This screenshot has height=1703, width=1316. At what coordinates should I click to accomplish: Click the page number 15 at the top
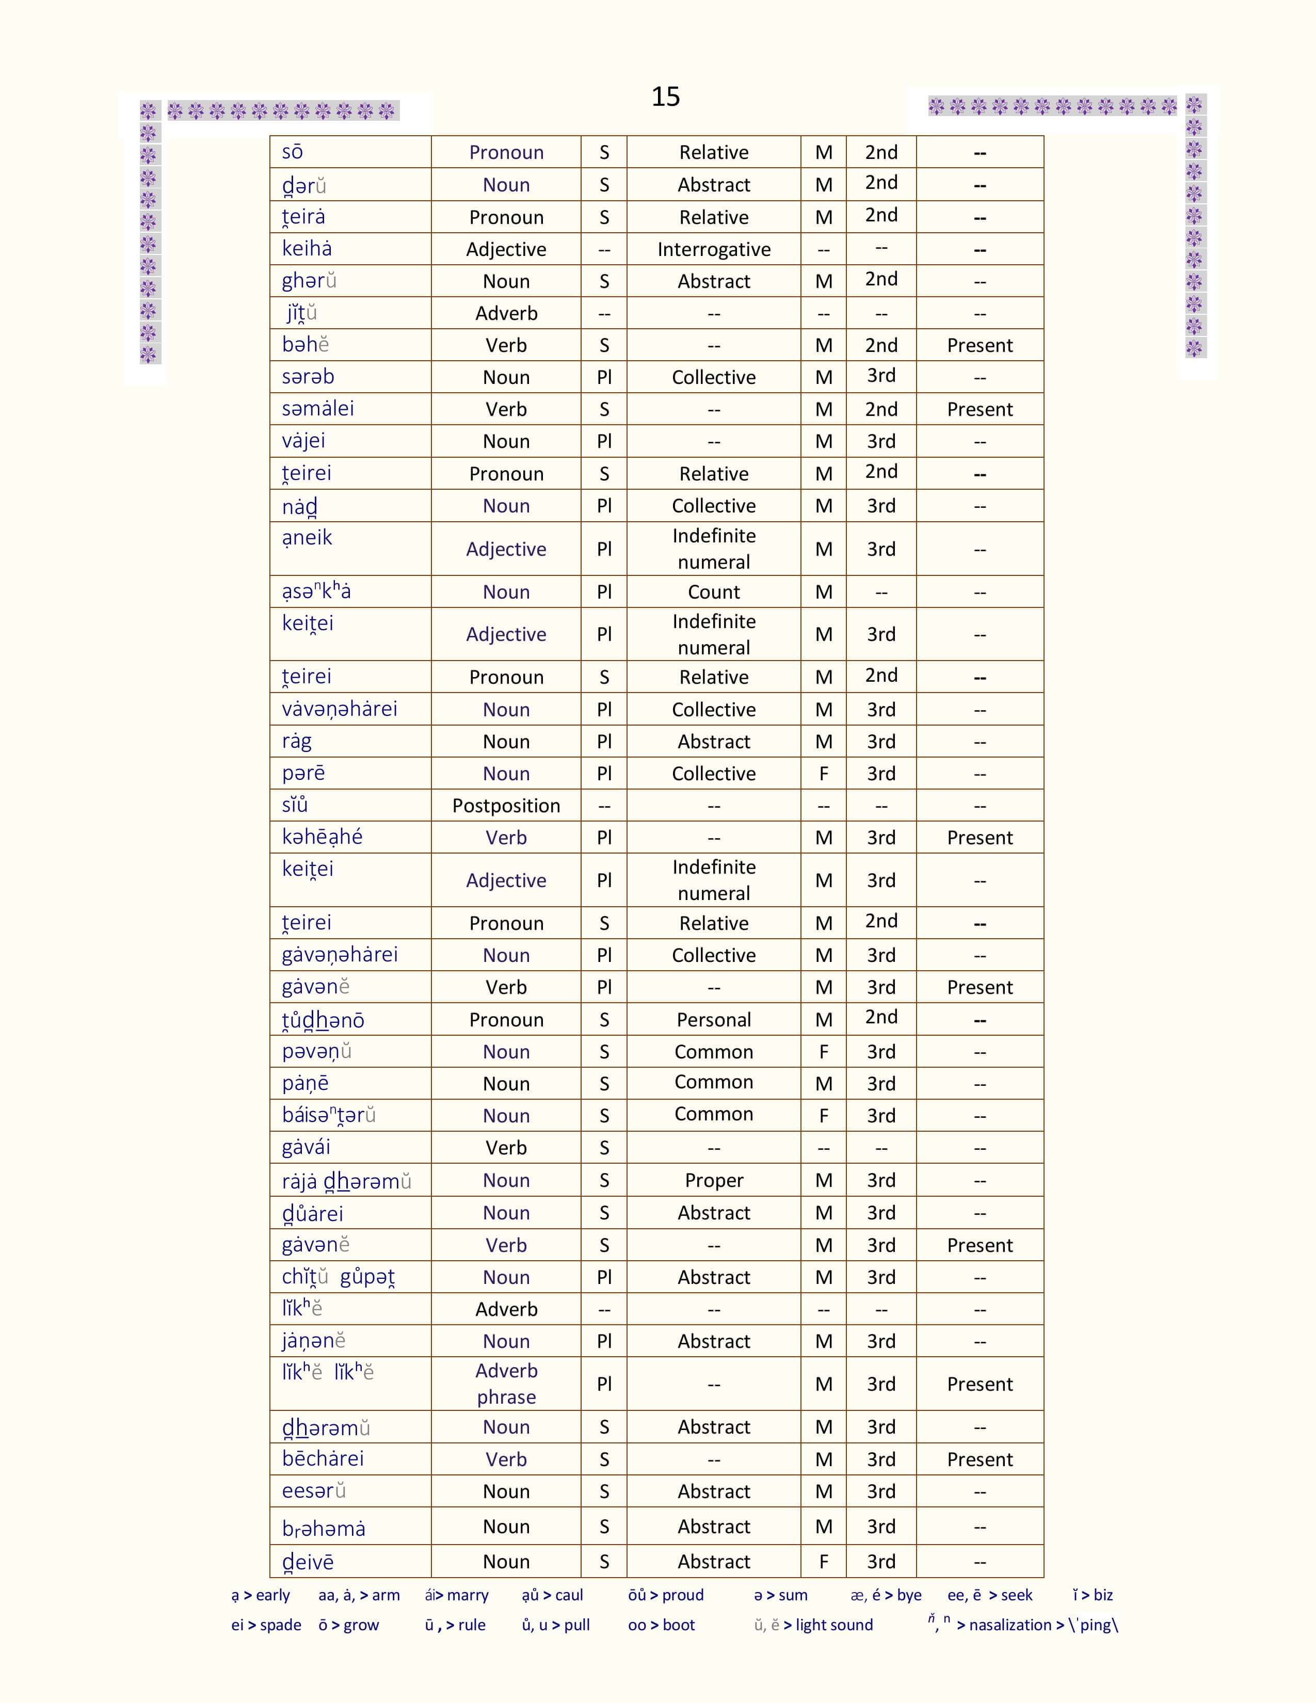pyautogui.click(x=665, y=97)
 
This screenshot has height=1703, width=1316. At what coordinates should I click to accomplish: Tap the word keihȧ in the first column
pyautogui.click(x=307, y=249)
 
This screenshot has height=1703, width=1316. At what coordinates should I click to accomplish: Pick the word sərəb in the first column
pyautogui.click(x=308, y=377)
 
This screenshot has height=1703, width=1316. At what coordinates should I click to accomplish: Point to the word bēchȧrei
pyautogui.click(x=323, y=1459)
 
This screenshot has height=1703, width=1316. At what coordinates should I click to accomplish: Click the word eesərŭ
pyautogui.click(x=313, y=1491)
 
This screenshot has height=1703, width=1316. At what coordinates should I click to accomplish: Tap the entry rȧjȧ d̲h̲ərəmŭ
pyautogui.click(x=346, y=1181)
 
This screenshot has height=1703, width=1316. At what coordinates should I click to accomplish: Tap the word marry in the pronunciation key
pyautogui.click(x=467, y=1595)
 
